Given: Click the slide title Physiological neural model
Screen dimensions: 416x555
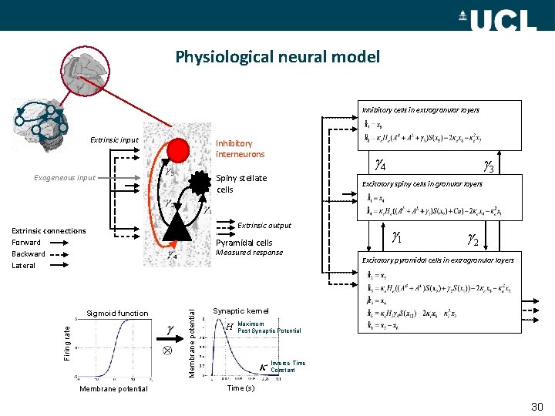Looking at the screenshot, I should coord(277,57).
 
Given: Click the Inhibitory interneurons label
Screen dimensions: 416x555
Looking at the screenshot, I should coord(240,149).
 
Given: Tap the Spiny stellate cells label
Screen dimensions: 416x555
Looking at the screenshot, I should coord(241,183).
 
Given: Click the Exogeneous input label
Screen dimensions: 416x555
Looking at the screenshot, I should coord(65,178).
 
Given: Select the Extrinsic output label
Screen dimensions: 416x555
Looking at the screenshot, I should coord(264,226).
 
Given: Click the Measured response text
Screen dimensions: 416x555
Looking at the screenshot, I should coord(249,253).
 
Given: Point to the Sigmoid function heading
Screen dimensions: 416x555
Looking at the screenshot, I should coord(116,314).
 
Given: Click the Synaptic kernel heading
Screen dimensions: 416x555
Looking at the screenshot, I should coord(240,310).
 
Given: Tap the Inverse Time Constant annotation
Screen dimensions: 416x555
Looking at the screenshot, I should coord(288,367).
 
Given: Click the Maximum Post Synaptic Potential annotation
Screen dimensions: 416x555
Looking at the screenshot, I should coord(269,327).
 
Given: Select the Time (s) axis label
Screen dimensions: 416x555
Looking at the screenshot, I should coord(240,388).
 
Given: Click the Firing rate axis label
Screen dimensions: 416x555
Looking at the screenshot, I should coord(66,340).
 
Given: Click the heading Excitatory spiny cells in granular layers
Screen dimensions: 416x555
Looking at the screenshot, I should coord(422,184).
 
